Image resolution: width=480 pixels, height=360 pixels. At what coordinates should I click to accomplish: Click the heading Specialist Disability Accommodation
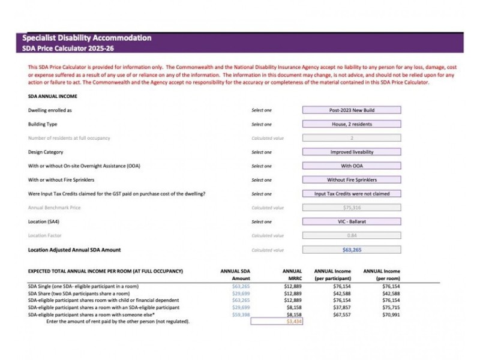click(x=86, y=38)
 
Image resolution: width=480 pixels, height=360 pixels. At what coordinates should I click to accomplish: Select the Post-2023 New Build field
click(x=351, y=110)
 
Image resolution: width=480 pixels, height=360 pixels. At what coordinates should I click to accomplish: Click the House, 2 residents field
click(x=351, y=124)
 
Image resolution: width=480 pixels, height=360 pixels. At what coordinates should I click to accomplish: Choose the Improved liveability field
click(x=351, y=152)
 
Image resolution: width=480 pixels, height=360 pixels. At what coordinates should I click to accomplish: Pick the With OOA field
click(x=351, y=166)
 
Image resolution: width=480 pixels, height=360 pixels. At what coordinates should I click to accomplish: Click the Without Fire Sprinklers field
click(x=351, y=179)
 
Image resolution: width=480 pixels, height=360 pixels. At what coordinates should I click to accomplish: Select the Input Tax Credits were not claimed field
click(x=351, y=194)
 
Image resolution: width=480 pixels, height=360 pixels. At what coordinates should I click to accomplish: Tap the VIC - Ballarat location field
click(x=351, y=221)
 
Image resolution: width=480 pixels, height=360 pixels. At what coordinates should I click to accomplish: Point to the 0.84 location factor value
click(x=351, y=235)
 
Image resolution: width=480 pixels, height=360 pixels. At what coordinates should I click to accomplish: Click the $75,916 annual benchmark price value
click(x=351, y=208)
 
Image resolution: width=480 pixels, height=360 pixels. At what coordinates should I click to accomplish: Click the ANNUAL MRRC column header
click(x=292, y=275)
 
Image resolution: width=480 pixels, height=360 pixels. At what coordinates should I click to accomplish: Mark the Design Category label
click(x=46, y=152)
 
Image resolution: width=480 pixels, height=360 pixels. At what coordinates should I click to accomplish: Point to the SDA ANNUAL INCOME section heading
click(x=53, y=96)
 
